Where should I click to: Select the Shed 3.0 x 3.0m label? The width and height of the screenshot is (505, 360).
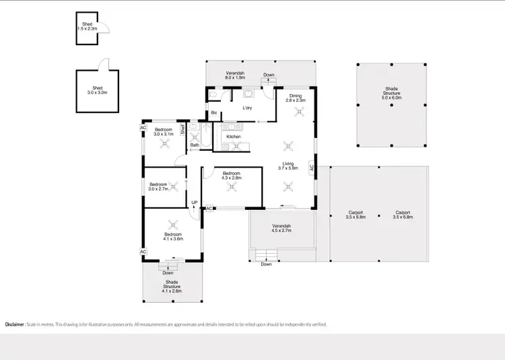98,91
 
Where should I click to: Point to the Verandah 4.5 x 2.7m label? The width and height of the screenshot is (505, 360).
281,228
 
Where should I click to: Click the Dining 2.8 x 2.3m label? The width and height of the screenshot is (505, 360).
296,98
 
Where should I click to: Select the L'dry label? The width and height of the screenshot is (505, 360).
247,108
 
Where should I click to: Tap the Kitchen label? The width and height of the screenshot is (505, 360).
234,137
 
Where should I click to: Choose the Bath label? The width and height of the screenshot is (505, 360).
195,145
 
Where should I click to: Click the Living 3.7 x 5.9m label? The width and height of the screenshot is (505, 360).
288,165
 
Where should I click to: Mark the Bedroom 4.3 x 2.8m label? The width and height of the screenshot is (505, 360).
232,176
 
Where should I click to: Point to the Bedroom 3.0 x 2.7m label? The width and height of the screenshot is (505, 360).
158,186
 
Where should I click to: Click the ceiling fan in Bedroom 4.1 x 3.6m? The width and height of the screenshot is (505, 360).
174,225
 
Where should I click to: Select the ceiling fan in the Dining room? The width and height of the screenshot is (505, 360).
295,113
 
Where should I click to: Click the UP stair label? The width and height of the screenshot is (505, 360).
194,203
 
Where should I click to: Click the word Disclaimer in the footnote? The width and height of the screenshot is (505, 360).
14,324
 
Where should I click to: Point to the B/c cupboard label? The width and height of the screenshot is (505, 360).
213,113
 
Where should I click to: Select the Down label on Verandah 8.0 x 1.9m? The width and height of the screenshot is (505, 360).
269,75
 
